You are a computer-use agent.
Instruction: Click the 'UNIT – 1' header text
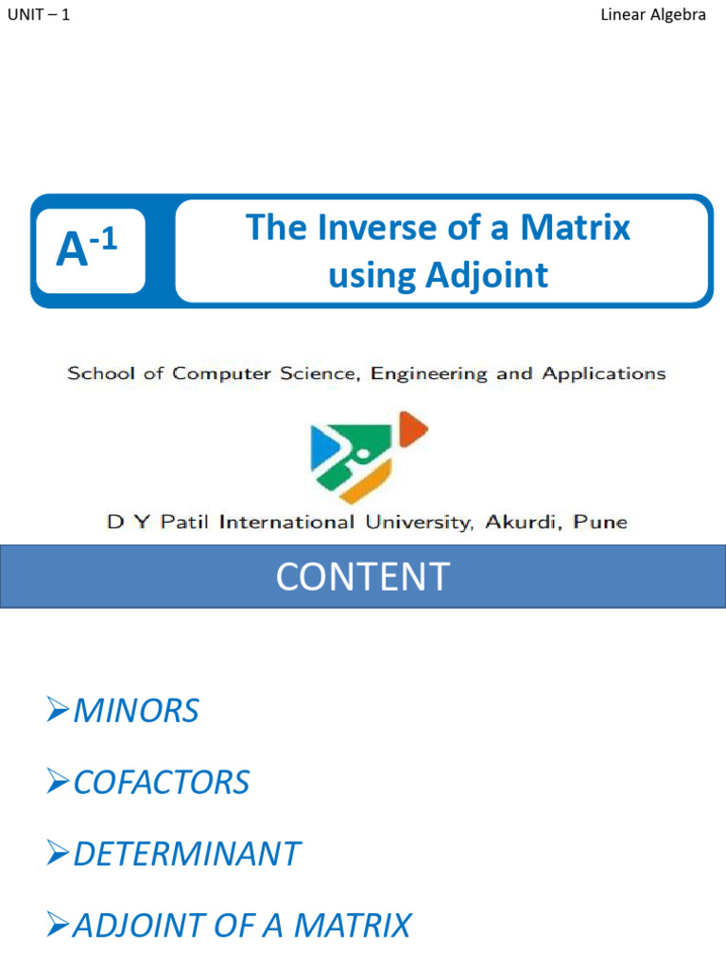38,15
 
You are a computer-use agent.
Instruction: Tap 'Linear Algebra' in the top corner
653,15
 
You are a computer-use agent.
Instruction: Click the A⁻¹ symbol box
88,251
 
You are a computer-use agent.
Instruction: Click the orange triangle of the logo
413,430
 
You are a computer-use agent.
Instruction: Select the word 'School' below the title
99,373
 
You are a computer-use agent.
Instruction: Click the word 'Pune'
601,522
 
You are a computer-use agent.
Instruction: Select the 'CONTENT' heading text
362,577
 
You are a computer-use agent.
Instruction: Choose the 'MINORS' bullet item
135,711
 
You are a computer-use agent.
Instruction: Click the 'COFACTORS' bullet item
161,783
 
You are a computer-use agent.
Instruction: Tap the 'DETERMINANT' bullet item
186,854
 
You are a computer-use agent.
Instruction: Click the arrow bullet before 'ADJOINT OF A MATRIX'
59,925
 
